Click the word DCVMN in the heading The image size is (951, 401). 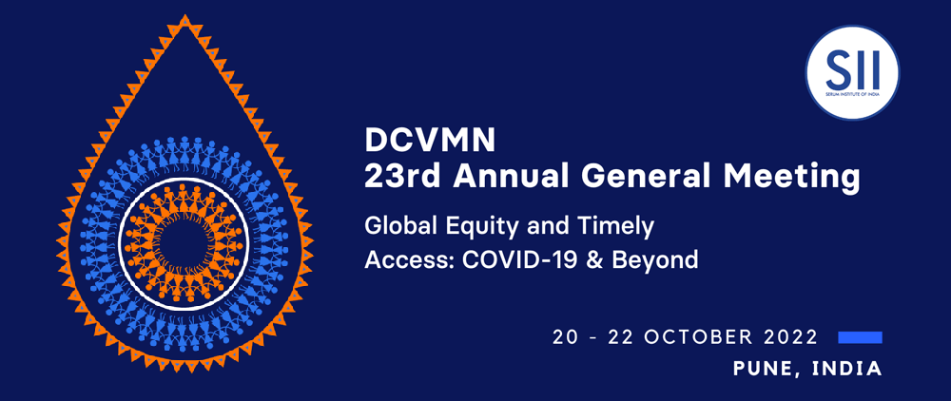pos(430,142)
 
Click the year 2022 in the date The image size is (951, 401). pos(787,337)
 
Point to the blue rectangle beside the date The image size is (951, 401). pos(860,337)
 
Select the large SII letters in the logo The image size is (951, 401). pos(852,69)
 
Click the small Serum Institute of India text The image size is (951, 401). pos(852,95)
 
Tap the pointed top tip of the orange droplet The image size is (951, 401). pos(185,16)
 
